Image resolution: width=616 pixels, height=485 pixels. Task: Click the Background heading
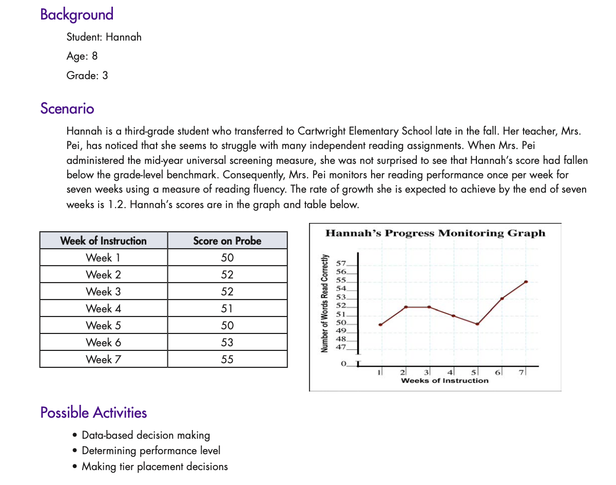coord(76,14)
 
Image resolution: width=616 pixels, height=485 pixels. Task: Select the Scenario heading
coord(67,109)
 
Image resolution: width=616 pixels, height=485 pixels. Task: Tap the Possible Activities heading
coord(93,413)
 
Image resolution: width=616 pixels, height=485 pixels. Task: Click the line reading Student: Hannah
coord(104,37)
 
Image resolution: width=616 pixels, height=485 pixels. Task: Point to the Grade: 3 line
coord(87,76)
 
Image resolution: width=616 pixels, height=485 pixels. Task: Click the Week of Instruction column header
coord(103,240)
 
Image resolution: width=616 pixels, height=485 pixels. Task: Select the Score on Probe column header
coord(227,240)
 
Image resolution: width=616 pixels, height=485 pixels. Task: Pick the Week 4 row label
coord(103,308)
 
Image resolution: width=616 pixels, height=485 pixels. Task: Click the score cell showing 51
coord(227,308)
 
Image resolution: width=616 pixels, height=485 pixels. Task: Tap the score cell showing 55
coord(227,359)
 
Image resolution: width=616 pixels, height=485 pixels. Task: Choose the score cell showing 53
coord(227,342)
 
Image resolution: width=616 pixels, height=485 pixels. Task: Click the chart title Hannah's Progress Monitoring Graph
coord(435,233)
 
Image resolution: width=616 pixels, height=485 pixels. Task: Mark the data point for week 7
coord(526,282)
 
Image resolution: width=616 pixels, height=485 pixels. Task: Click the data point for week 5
coord(477,324)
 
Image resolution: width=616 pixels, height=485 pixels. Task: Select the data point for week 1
coord(380,325)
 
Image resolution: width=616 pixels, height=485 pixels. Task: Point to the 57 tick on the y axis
coord(341,263)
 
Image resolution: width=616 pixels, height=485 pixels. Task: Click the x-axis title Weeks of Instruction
coord(445,381)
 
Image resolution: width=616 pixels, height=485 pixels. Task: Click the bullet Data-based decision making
coord(146,435)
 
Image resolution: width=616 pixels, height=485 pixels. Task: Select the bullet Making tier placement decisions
coord(155,467)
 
